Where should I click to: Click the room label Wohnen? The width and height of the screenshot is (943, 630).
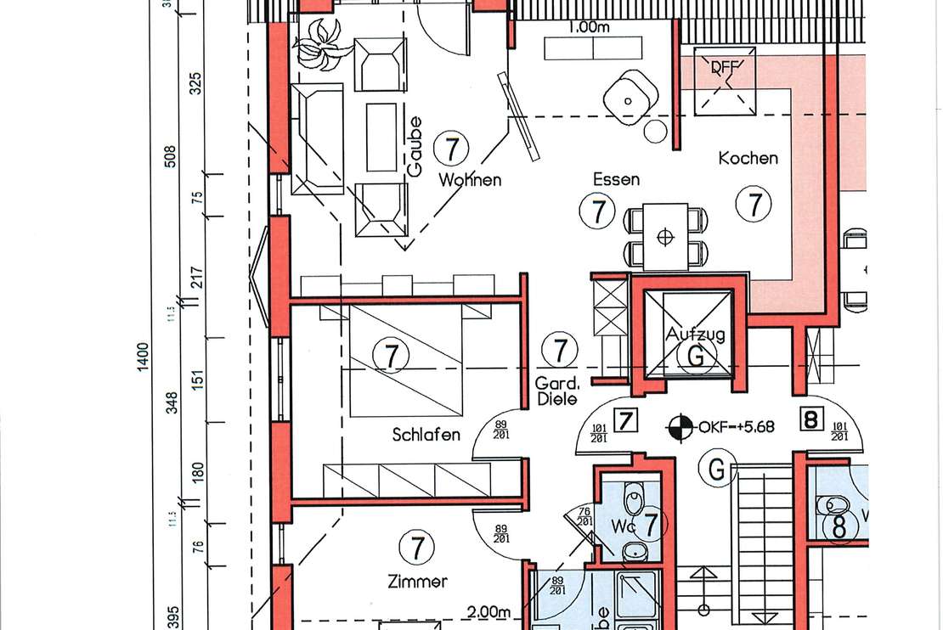pyautogui.click(x=470, y=180)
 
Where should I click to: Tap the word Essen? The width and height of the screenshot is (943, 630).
pyautogui.click(x=617, y=180)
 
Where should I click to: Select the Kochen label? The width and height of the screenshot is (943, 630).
pyautogui.click(x=748, y=158)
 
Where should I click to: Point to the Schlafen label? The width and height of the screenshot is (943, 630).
pyautogui.click(x=426, y=436)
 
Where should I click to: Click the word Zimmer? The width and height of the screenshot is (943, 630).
pyautogui.click(x=417, y=582)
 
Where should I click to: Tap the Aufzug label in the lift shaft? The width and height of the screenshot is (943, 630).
pyautogui.click(x=696, y=335)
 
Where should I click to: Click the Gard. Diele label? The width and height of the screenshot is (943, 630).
pyautogui.click(x=557, y=391)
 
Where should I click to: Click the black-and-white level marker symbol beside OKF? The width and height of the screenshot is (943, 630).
pyautogui.click(x=678, y=426)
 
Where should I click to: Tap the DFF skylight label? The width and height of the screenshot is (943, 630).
pyautogui.click(x=724, y=68)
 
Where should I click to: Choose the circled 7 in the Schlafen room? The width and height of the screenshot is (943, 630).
pyautogui.click(x=391, y=357)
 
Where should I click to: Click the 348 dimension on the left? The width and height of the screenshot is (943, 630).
pyautogui.click(x=172, y=402)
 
